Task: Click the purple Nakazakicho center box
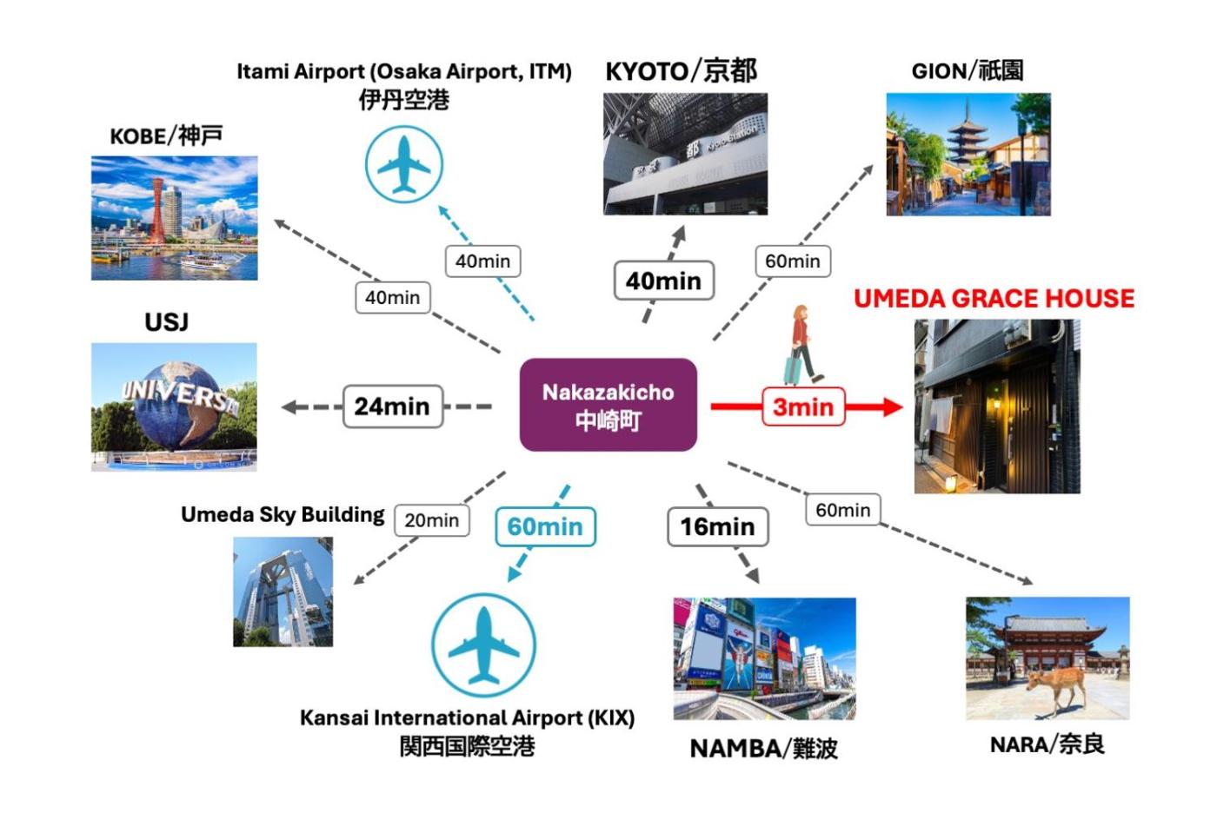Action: pyautogui.click(x=608, y=405)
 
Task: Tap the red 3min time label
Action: pyautogui.click(x=803, y=406)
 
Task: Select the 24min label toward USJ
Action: pyautogui.click(x=392, y=406)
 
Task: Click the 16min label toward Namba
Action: pyautogui.click(x=717, y=526)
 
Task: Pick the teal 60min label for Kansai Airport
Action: pyautogui.click(x=545, y=526)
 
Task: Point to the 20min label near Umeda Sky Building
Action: pyautogui.click(x=432, y=520)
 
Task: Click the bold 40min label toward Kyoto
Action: pyautogui.click(x=663, y=281)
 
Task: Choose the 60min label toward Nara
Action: pyautogui.click(x=842, y=510)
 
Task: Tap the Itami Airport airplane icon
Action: pyautogui.click(x=404, y=164)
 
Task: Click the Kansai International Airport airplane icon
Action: pyautogui.click(x=483, y=645)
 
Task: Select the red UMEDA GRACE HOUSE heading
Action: pyautogui.click(x=994, y=299)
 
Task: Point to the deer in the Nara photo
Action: pyautogui.click(x=1054, y=685)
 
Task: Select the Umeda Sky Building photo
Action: pyautogui.click(x=283, y=592)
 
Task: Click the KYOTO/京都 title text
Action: pyautogui.click(x=681, y=71)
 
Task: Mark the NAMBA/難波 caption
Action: pyautogui.click(x=763, y=749)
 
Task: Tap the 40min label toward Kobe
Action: pyautogui.click(x=392, y=298)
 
